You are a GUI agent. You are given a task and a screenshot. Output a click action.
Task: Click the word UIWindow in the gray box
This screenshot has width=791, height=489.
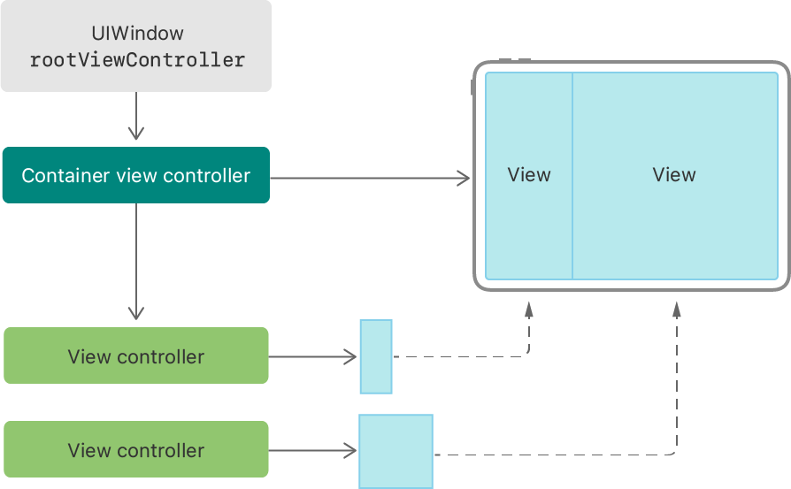click(x=137, y=34)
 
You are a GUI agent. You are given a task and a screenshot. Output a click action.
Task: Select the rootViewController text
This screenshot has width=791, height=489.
click(x=137, y=61)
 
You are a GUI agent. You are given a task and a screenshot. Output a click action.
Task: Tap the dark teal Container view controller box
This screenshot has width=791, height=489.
click(x=135, y=175)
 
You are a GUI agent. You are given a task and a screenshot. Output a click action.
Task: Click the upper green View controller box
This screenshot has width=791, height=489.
click(x=135, y=356)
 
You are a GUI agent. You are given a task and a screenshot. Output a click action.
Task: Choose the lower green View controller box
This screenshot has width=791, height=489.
click(x=135, y=450)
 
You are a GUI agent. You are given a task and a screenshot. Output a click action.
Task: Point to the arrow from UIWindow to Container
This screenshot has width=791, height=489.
click(x=135, y=116)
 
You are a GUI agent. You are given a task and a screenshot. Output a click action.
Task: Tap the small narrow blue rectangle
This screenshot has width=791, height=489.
click(x=376, y=356)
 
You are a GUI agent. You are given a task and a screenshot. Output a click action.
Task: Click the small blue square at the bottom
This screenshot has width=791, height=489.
click(x=395, y=451)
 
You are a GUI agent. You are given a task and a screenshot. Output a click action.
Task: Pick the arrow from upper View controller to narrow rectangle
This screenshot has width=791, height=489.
click(x=313, y=357)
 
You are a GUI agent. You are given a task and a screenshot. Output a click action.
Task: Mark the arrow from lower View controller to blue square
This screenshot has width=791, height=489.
click(x=313, y=451)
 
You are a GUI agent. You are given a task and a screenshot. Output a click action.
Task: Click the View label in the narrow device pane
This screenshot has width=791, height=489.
click(x=529, y=175)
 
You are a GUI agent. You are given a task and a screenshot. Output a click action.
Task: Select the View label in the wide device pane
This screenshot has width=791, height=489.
click(x=674, y=175)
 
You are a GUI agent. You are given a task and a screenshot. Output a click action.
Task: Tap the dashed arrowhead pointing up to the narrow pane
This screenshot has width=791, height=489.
click(x=528, y=309)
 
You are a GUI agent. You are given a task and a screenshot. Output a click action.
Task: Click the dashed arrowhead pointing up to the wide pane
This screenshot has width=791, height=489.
click(x=677, y=309)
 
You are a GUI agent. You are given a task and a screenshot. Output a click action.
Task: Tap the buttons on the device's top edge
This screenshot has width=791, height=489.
click(x=515, y=60)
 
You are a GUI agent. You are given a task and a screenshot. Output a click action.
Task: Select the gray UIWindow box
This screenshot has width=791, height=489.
click(x=135, y=46)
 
